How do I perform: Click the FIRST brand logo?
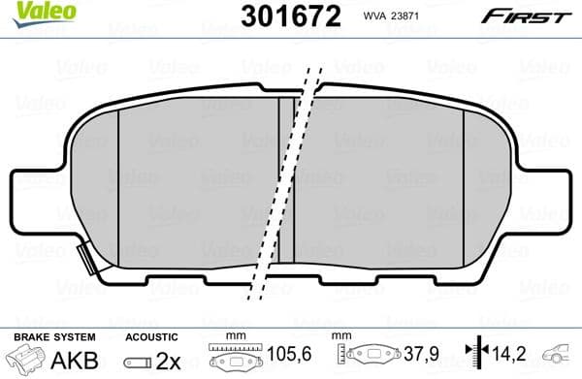(x=537, y=15)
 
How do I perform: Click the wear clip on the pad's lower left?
(x=85, y=259)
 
